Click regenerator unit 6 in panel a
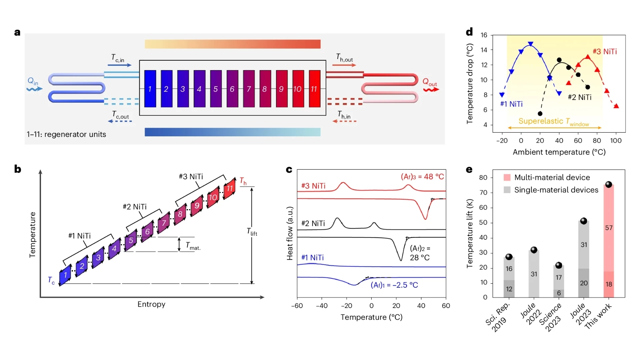coord(232,89)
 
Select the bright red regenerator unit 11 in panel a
coord(314,89)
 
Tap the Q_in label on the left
coord(33,81)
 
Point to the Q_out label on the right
coord(429,82)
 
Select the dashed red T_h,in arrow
coord(345,121)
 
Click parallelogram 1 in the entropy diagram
coord(65,275)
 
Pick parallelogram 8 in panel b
coord(180,214)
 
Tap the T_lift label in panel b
coord(252,232)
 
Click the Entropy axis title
coord(151,304)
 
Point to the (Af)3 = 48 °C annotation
coord(422,177)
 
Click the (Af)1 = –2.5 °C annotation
coord(394,285)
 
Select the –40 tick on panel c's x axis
coord(321,306)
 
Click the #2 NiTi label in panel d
coord(579,97)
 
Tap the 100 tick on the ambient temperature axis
coord(616,141)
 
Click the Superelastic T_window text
coord(554,122)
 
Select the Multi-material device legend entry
coord(552,177)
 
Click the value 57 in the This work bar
coord(609,228)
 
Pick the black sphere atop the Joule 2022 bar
coord(534,250)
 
